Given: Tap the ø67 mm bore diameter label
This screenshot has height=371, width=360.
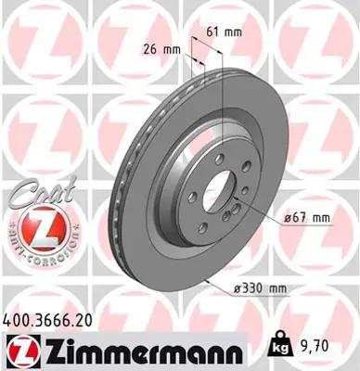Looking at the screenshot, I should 304,218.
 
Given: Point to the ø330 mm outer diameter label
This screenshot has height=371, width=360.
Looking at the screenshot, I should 261,288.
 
